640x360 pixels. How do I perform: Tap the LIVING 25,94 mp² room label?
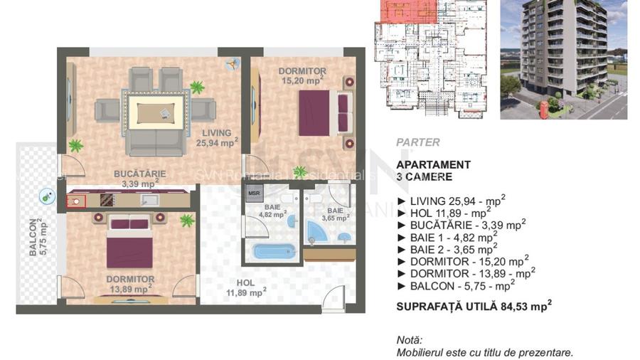coord(216,137)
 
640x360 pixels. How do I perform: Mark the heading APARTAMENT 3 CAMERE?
coord(434,170)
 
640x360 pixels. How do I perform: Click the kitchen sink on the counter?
coord(149,200)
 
